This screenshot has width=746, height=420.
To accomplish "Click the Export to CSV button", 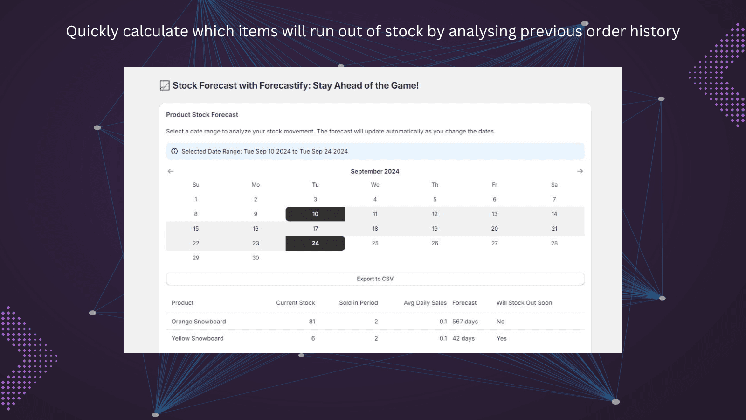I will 375,279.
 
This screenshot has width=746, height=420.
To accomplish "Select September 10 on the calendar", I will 315,214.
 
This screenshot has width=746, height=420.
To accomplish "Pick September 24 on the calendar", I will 315,243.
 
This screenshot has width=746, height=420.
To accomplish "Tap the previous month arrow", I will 171,171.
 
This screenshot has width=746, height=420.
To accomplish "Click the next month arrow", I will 580,171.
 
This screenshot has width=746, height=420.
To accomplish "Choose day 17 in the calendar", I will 315,229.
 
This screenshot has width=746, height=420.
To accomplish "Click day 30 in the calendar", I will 256,258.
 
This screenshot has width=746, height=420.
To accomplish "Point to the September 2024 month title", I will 375,171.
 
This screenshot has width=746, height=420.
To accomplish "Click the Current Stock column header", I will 295,303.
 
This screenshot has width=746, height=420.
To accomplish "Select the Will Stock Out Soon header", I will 524,303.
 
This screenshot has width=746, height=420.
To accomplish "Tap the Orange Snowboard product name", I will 199,322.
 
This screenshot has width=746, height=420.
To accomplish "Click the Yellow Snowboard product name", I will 197,338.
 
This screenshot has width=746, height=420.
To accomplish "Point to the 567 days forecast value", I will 465,322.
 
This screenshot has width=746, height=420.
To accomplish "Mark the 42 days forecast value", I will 463,338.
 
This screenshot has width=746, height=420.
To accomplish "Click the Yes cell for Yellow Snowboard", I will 501,338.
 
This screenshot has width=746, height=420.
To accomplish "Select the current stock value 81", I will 312,322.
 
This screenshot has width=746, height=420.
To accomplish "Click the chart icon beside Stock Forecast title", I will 165,85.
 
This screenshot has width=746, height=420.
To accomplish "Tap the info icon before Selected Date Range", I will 174,151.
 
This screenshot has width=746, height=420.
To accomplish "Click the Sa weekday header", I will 554,185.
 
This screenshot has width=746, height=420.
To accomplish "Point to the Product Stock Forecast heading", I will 202,115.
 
